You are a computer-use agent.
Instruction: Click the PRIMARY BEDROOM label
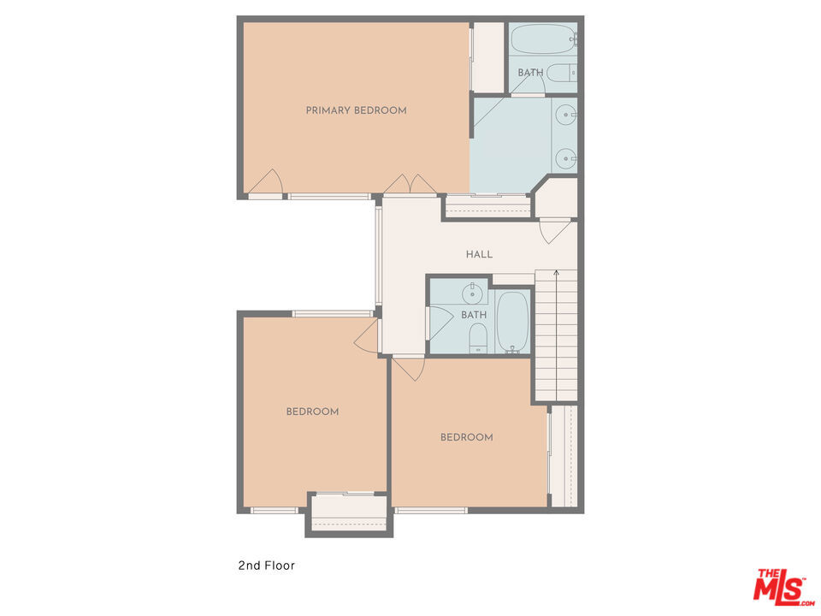tap(356, 110)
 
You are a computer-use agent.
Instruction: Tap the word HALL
tap(479, 254)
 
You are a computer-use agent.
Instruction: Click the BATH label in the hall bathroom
tap(474, 315)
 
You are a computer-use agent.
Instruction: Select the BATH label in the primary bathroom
tap(530, 73)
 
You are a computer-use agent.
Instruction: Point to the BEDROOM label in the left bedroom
tap(312, 412)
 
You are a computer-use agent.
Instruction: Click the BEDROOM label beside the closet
tap(466, 437)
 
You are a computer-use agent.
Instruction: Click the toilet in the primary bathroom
tap(561, 73)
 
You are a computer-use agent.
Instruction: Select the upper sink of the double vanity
tap(565, 113)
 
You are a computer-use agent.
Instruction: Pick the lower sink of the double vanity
tap(565, 158)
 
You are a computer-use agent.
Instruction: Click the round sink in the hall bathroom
tap(472, 294)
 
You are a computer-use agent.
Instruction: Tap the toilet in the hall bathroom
tap(478, 337)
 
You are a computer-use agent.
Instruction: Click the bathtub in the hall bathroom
tap(513, 322)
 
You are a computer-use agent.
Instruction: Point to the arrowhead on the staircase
tap(557, 273)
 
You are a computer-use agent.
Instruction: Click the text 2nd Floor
tap(266, 566)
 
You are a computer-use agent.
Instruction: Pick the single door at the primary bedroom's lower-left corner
tap(266, 183)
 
